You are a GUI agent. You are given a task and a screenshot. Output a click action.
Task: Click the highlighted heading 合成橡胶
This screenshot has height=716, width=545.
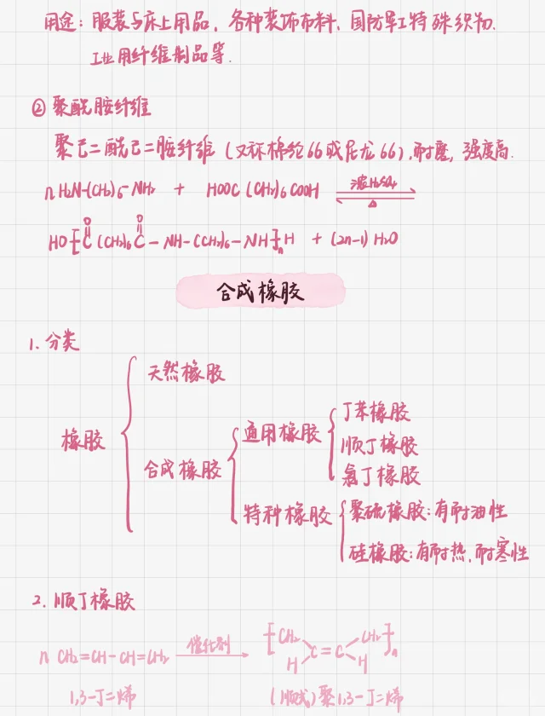coord(260,292)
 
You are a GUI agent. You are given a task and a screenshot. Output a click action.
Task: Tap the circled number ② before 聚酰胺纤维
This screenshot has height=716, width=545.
coord(36,108)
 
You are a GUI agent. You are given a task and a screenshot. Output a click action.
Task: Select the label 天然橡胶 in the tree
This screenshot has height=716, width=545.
coord(186,372)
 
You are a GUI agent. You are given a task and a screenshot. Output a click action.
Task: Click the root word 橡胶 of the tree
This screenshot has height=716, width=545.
coord(83,441)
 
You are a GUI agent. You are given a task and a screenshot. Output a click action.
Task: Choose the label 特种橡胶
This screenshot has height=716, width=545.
coord(286,515)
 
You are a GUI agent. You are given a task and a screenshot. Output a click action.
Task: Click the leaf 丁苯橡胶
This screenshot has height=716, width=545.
coord(375,413)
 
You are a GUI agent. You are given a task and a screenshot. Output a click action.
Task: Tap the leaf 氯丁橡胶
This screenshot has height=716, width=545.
coord(379,475)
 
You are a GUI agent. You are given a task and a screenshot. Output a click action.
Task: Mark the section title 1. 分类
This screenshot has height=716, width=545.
coord(53,344)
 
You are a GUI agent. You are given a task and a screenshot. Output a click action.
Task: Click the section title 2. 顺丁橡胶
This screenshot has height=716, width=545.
coord(83,601)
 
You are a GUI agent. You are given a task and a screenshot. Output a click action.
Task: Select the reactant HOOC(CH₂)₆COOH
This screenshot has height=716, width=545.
coord(262,191)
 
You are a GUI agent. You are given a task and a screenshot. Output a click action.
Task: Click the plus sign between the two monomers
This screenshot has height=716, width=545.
coord(179,190)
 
